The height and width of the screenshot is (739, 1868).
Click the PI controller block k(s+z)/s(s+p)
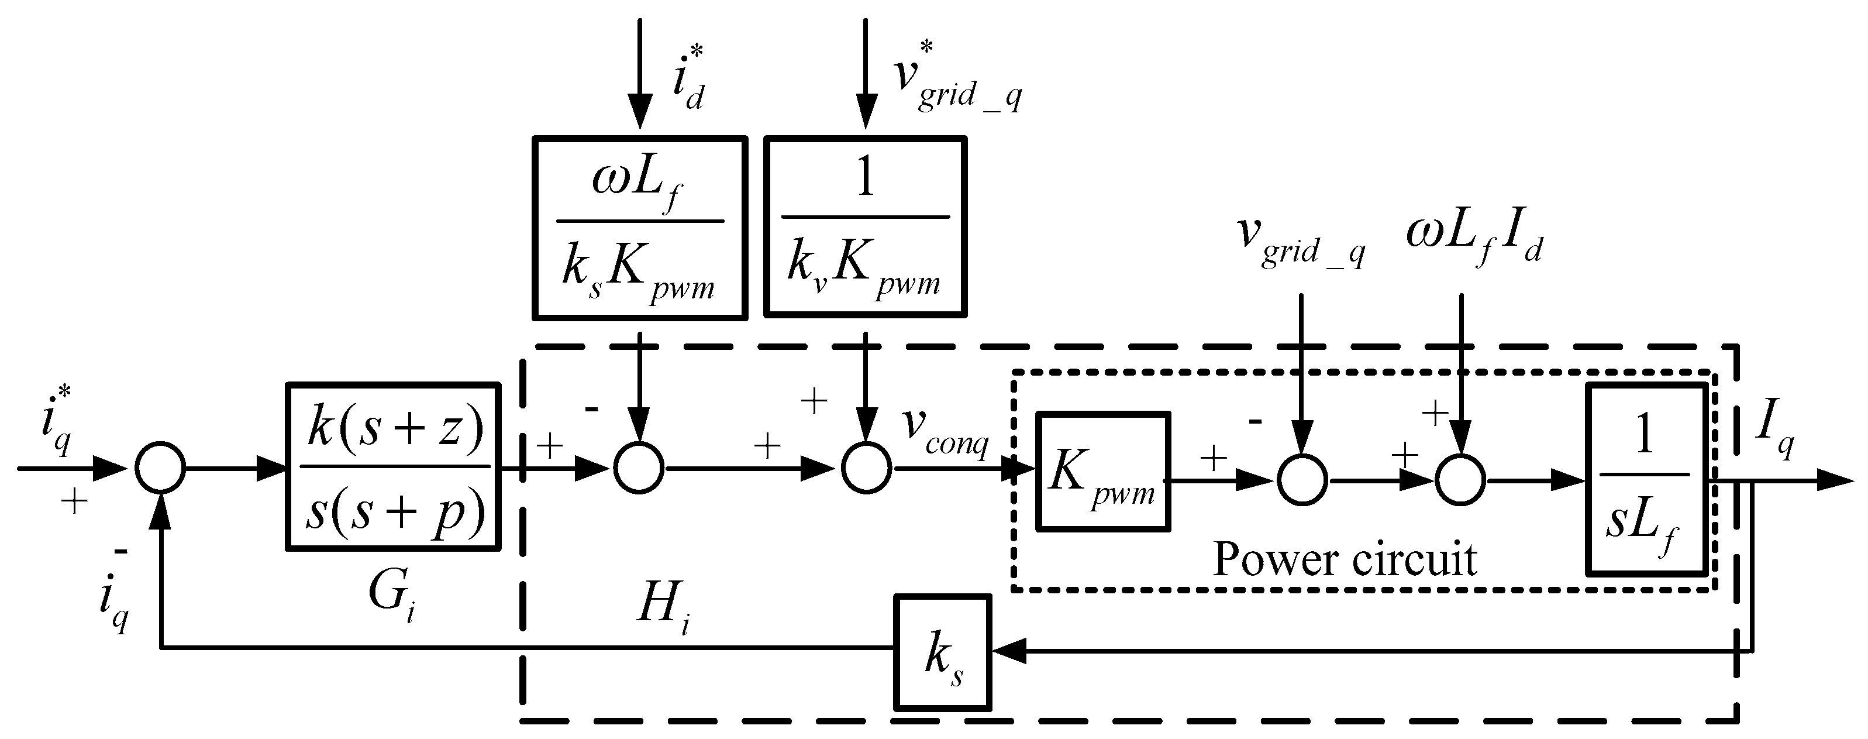(x=394, y=467)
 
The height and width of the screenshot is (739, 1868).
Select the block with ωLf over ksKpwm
(x=640, y=228)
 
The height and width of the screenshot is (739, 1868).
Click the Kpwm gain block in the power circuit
(x=1102, y=472)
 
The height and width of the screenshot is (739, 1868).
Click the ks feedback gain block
(x=942, y=652)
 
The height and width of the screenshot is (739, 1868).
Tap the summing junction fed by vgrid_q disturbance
(x=1302, y=480)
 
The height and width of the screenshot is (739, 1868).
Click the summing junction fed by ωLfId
(x=1460, y=480)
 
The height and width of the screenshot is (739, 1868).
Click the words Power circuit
(x=1345, y=560)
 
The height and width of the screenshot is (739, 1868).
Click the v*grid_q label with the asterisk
(x=956, y=80)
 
